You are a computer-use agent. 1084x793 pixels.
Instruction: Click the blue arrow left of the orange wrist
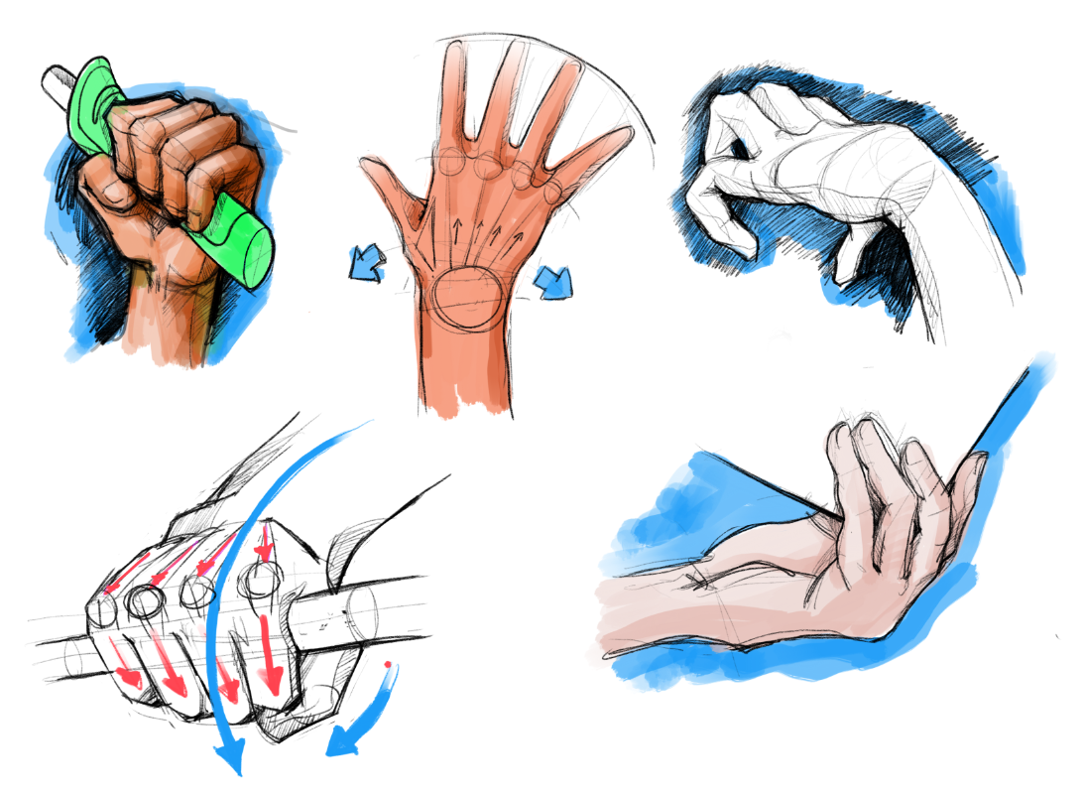pos(367,263)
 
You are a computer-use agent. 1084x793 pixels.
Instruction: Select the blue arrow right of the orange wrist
pos(551,282)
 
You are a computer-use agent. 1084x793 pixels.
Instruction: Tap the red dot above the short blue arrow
pos(387,662)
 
